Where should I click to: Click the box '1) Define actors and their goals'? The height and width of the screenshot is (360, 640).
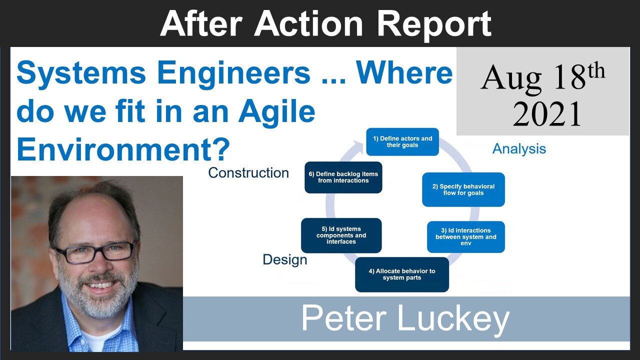pyautogui.click(x=402, y=141)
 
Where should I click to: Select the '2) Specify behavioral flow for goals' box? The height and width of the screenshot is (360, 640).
pyautogui.click(x=463, y=189)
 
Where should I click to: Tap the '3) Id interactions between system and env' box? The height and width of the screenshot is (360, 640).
pyautogui.click(x=465, y=236)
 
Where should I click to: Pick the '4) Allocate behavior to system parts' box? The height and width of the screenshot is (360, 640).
pyautogui.click(x=401, y=274)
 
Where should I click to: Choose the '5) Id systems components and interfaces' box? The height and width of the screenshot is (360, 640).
pyautogui.click(x=341, y=235)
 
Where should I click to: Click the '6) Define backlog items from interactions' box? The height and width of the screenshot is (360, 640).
pyautogui.click(x=343, y=177)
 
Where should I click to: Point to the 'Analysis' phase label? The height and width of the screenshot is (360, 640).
pyautogui.click(x=519, y=148)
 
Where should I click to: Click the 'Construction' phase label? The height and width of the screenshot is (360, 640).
pyautogui.click(x=248, y=173)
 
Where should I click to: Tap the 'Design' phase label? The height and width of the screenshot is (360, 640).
pyautogui.click(x=285, y=259)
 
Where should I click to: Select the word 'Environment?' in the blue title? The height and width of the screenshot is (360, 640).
pyautogui.click(x=123, y=148)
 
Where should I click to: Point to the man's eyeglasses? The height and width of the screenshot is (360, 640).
pyautogui.click(x=95, y=252)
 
